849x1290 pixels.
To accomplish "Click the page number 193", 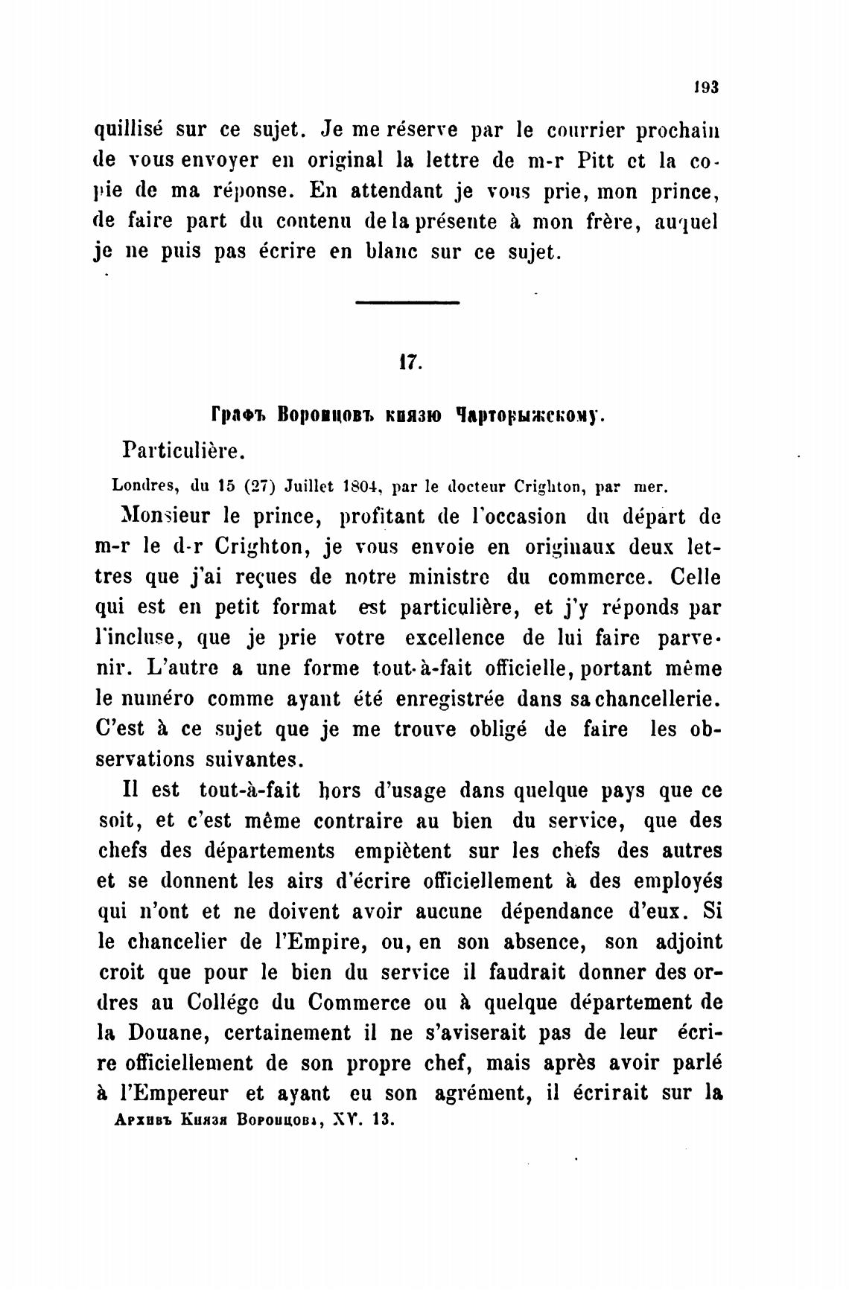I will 705,86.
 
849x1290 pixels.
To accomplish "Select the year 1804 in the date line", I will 360,487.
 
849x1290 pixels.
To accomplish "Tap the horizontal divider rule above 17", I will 407,302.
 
